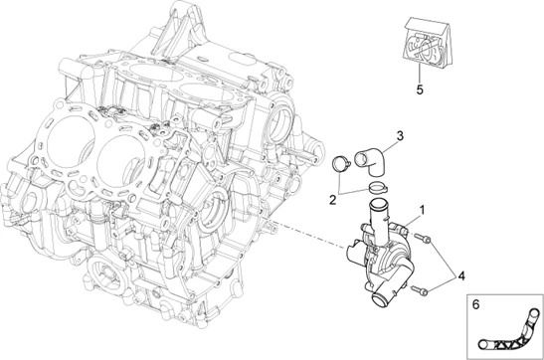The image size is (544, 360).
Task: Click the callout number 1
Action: (422, 210)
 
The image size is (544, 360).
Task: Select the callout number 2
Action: (332, 200)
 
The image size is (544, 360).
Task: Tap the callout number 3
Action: (400, 136)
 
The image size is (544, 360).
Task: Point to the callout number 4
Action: (461, 276)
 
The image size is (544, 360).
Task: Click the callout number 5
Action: (420, 90)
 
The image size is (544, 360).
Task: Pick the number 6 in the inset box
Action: (475, 304)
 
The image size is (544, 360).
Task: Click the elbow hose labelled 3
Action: (371, 161)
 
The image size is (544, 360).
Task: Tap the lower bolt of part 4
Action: (420, 290)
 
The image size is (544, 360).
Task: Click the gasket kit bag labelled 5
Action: (426, 42)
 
